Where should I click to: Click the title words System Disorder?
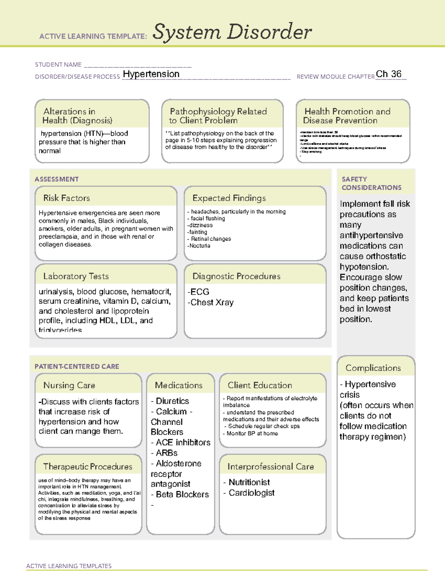(232, 32)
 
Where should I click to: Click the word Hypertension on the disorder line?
(151, 74)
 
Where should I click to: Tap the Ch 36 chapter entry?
(389, 74)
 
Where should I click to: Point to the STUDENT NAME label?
(58, 65)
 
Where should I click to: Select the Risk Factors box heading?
(67, 198)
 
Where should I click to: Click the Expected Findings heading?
(229, 198)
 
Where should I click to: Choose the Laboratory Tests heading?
(76, 276)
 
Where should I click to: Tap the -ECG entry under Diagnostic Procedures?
(198, 292)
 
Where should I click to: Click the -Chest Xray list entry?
(211, 302)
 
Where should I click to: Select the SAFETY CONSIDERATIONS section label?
(371, 184)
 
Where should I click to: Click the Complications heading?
(373, 368)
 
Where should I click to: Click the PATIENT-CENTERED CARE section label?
(77, 366)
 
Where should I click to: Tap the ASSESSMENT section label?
(57, 179)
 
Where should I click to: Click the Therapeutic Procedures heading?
(88, 467)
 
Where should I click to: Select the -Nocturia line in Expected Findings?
(199, 246)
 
